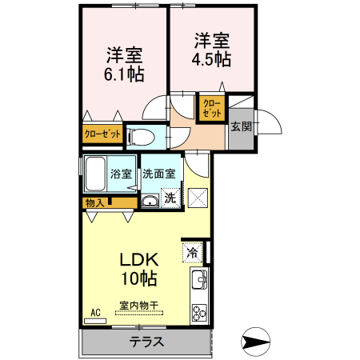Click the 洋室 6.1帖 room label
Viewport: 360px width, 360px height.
[x=125, y=63]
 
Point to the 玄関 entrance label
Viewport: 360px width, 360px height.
[x=241, y=126]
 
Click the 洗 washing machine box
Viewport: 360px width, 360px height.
[x=170, y=198]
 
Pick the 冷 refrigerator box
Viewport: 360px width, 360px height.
[x=193, y=254]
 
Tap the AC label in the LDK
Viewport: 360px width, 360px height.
[x=95, y=312]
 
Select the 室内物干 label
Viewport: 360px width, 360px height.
[x=139, y=305]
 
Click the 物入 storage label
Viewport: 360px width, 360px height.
[x=94, y=203]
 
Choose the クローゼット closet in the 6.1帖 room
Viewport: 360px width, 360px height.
[x=102, y=134]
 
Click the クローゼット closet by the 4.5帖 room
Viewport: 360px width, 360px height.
[x=211, y=108]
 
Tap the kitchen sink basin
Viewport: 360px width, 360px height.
[x=198, y=281]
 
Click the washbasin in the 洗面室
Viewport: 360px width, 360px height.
[x=149, y=200]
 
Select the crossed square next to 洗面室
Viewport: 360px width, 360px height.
[x=198, y=197]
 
